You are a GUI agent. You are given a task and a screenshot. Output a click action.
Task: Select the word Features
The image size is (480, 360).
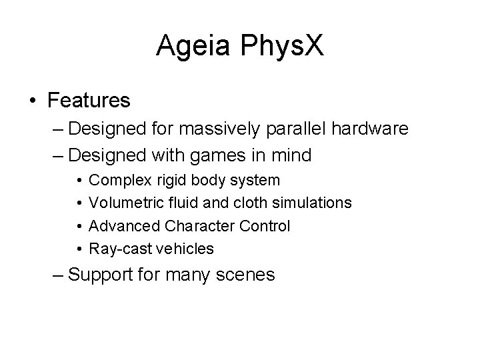(89, 101)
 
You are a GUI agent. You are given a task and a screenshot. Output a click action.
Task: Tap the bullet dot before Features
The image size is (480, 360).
(33, 101)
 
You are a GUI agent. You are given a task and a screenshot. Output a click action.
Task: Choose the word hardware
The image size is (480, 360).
(366, 129)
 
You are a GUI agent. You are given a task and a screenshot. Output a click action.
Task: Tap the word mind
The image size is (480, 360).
(291, 156)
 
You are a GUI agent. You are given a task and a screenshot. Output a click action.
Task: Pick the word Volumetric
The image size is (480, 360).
(121, 203)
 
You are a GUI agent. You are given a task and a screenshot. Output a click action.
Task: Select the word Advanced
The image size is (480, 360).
(120, 226)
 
